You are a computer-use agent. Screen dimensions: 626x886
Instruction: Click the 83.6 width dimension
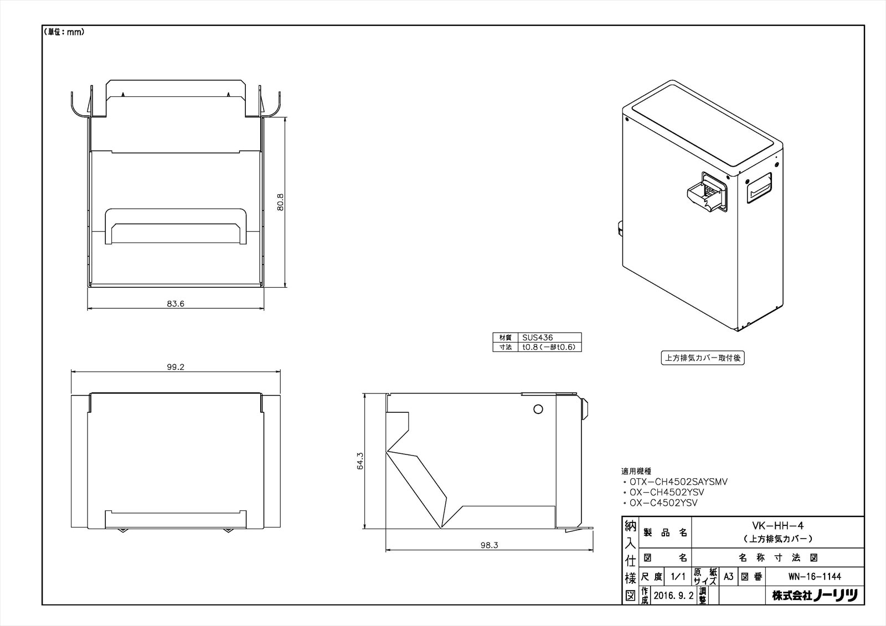176,303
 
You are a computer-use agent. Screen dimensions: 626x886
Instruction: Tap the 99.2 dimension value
175,367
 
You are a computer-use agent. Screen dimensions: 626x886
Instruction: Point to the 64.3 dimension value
360,461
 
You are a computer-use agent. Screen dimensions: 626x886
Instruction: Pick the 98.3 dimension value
489,545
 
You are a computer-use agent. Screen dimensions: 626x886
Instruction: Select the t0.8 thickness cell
549,348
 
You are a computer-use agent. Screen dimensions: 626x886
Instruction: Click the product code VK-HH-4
777,527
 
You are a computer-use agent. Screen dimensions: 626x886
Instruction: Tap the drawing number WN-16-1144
815,577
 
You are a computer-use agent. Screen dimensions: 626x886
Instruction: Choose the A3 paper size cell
728,577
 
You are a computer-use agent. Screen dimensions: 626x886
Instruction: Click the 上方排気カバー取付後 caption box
703,358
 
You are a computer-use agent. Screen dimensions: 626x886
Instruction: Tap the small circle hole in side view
538,410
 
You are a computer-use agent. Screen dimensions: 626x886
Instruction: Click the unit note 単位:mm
64,32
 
